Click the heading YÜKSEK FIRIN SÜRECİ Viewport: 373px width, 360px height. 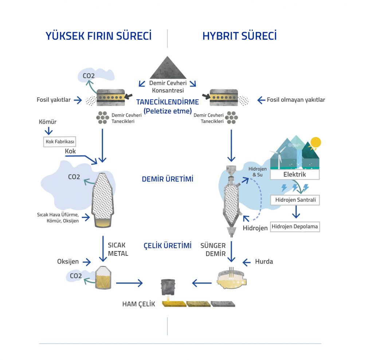click(98, 36)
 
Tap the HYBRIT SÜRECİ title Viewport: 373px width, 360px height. click(240, 36)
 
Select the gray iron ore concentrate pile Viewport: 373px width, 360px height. click(168, 68)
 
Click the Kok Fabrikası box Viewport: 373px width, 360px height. click(59, 142)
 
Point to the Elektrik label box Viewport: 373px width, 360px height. click(295, 175)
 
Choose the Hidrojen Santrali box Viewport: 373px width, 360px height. click(295, 200)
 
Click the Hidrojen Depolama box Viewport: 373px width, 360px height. click(295, 227)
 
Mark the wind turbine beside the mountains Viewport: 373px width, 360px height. click(278, 156)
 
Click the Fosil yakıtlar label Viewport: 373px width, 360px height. click(54, 100)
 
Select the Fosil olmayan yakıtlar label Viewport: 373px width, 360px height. click(296, 100)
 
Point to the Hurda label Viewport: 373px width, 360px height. click(264, 262)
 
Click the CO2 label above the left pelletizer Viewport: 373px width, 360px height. click(89, 76)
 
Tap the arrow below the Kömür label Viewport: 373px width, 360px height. click(49, 131)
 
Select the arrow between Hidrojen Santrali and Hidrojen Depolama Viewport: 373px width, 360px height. click(296, 212)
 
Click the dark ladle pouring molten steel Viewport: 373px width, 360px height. click(168, 287)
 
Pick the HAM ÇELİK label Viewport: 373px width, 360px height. click(138, 304)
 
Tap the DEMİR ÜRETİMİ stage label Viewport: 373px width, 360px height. click(168, 179)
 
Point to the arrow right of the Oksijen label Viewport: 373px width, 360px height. click(87, 262)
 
